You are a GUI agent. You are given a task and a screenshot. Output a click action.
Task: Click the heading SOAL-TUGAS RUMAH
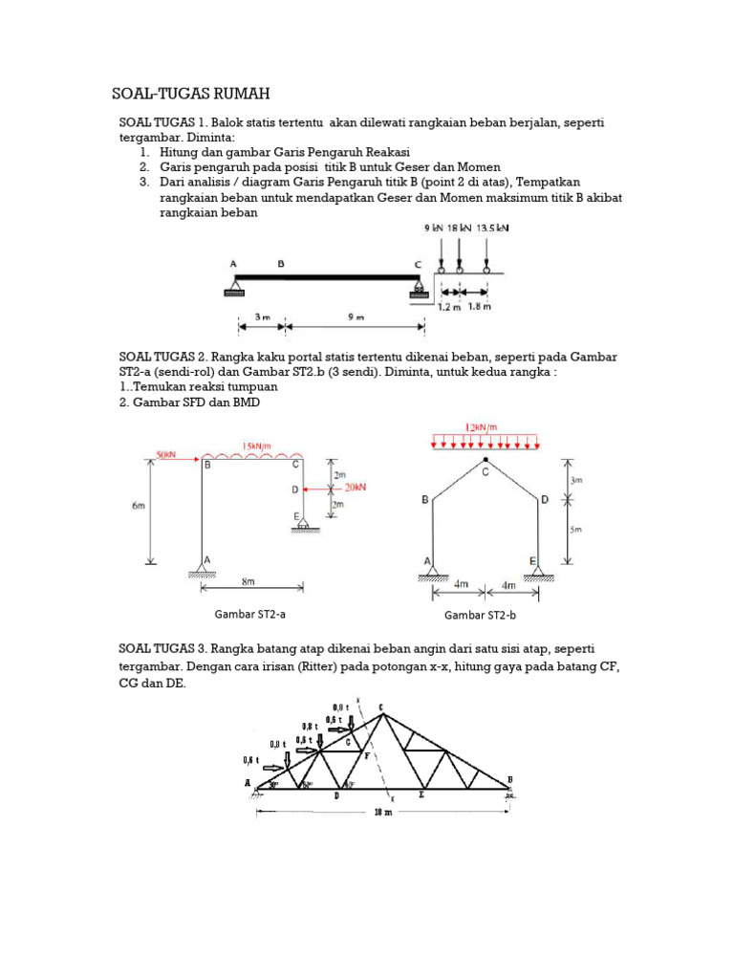point(191,94)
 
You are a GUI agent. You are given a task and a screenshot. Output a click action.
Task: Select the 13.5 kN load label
point(493,229)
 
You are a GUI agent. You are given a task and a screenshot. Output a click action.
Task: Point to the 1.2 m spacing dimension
point(448,307)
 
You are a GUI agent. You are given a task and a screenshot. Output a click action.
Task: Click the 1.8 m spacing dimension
point(479,307)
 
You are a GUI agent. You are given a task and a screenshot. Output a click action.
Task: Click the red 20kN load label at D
point(355,487)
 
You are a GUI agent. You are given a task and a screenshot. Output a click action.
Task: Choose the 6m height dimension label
point(138,507)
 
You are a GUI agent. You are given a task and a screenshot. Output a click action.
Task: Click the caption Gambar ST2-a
point(249,614)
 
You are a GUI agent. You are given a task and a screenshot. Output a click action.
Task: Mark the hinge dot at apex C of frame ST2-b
point(486,460)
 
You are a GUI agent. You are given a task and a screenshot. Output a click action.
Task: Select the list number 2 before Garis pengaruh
point(143,167)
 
